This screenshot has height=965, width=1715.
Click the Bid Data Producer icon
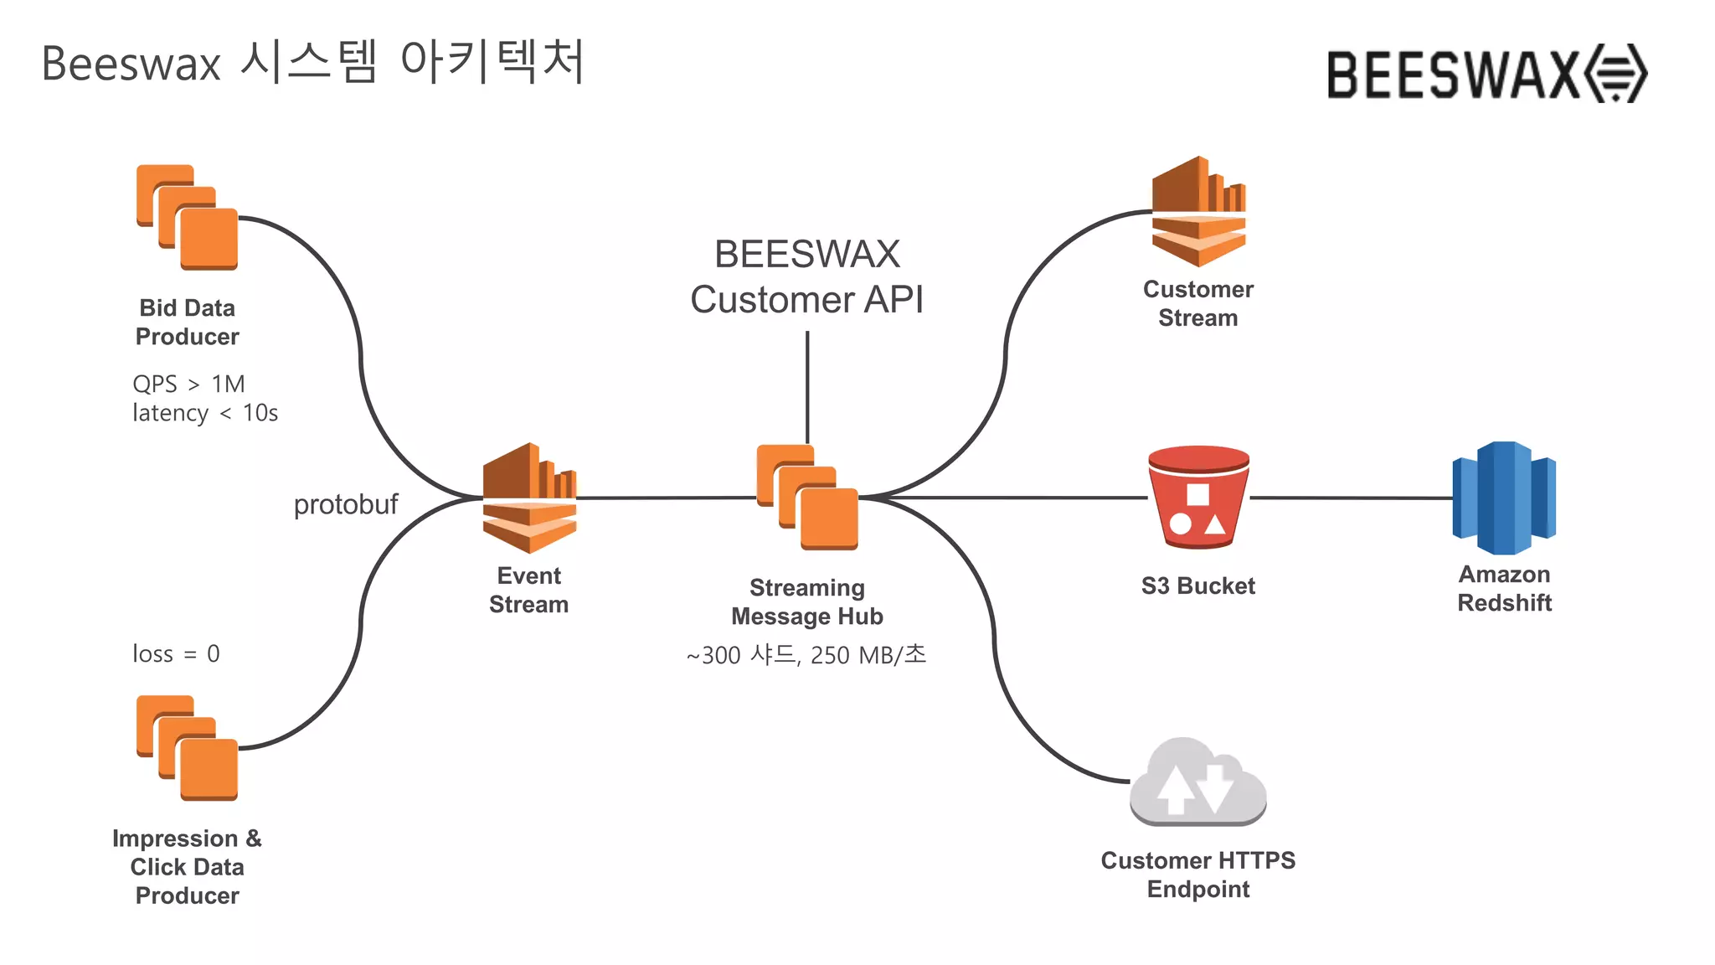point(188,218)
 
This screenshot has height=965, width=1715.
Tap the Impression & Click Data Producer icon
point(188,748)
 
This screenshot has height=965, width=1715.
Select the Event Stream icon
point(529,498)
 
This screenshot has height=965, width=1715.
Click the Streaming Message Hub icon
point(807,498)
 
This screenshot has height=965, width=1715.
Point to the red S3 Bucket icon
point(1198,498)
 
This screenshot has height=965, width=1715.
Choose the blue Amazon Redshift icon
point(1504,498)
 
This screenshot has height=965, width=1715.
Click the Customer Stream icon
point(1198,212)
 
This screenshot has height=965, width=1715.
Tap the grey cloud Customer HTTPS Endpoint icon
point(1197,782)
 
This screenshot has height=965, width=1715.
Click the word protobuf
point(345,504)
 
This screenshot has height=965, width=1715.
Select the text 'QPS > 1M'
point(188,384)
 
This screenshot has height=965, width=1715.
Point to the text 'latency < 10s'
point(205,413)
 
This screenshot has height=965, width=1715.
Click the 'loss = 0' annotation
point(176,653)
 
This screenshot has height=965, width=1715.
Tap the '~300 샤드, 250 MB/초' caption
point(806,655)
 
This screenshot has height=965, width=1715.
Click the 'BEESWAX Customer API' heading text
point(806,276)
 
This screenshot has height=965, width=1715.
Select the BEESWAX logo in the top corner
point(1486,74)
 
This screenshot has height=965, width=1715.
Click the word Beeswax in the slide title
point(131,64)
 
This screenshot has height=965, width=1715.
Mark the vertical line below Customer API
point(807,385)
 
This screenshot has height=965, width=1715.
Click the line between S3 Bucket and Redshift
point(1350,498)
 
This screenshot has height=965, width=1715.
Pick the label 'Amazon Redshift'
point(1504,588)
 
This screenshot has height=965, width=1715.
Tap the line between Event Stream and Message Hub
point(666,498)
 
